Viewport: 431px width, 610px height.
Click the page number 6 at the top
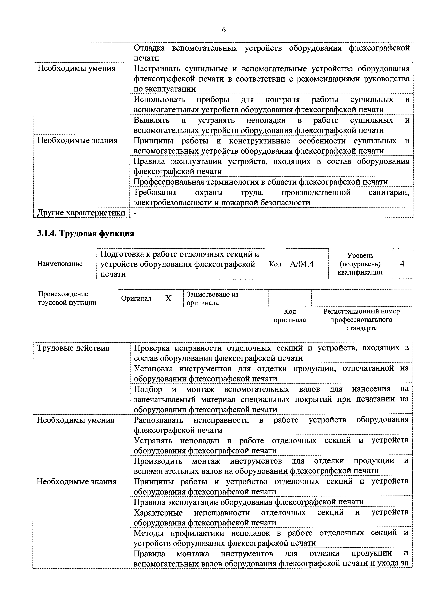pos(224,30)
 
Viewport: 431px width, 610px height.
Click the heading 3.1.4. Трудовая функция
pos(86,234)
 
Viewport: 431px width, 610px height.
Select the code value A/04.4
pos(302,264)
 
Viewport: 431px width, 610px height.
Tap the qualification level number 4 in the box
pos(402,264)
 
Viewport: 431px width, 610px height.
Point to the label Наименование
pos(60,264)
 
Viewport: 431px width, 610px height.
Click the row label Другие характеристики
pos(81,213)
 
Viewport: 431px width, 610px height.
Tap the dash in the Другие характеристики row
pos(135,213)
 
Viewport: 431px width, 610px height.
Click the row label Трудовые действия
pos(73,348)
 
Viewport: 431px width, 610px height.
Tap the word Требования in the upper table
pos(155,192)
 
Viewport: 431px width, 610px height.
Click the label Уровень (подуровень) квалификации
pos(360,264)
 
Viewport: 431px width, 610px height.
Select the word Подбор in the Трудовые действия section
pos(148,389)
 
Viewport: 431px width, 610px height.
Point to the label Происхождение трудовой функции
pos(67,298)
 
